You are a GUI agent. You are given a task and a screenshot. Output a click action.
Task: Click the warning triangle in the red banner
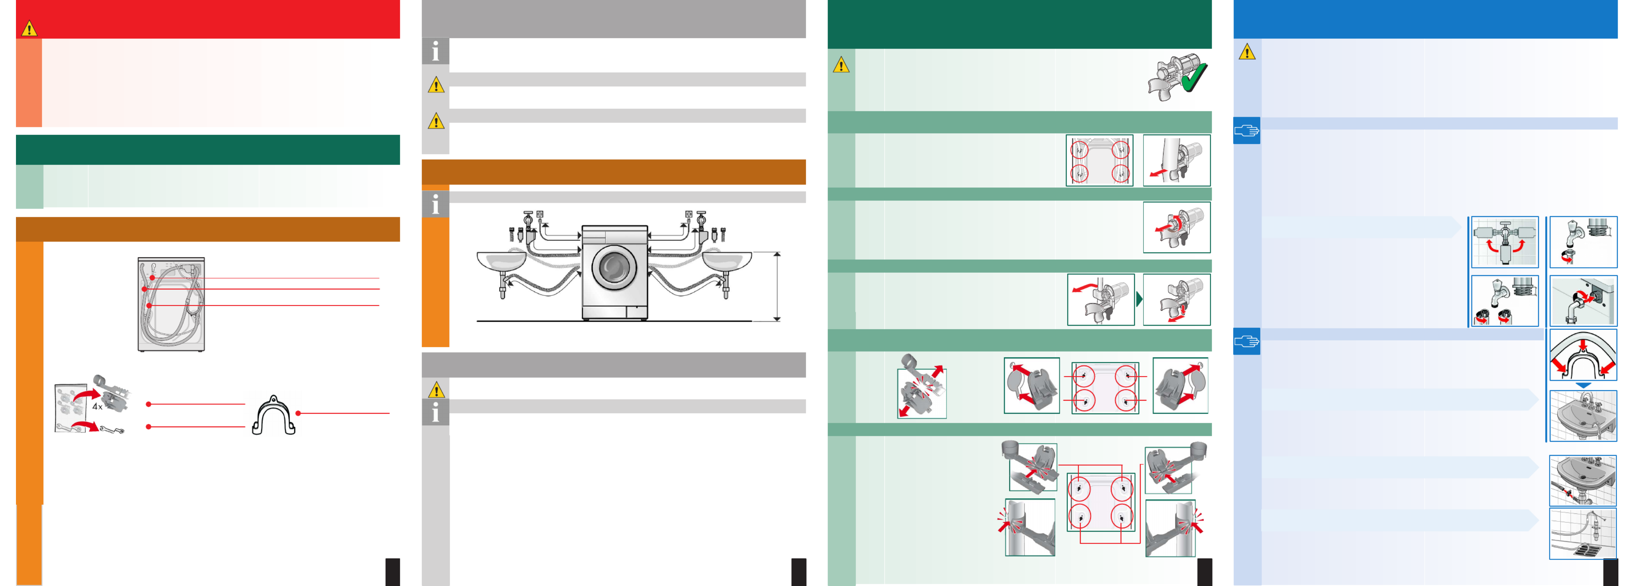tap(29, 29)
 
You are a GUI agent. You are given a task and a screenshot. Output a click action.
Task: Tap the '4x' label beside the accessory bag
tap(97, 407)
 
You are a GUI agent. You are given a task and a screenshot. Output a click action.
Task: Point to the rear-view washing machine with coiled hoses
tap(171, 304)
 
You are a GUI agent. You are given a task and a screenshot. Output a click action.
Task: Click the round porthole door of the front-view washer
tap(614, 267)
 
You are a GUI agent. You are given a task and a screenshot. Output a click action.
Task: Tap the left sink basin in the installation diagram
tap(501, 260)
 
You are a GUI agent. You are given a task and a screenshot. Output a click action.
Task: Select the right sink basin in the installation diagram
tap(727, 260)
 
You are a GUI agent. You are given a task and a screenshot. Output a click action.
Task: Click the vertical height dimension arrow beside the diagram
tap(777, 287)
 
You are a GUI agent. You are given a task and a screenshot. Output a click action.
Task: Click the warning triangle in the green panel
tap(841, 65)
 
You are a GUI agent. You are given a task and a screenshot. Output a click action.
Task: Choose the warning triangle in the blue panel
tap(1247, 51)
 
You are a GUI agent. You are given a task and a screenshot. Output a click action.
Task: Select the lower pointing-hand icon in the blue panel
tap(1247, 342)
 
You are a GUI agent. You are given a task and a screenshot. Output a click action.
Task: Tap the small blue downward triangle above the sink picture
tap(1583, 385)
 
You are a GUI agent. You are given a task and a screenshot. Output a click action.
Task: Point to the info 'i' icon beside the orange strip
tap(435, 204)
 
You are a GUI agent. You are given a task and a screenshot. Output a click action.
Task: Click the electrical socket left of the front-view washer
tap(540, 215)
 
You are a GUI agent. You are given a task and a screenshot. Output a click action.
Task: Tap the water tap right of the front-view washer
tap(701, 222)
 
